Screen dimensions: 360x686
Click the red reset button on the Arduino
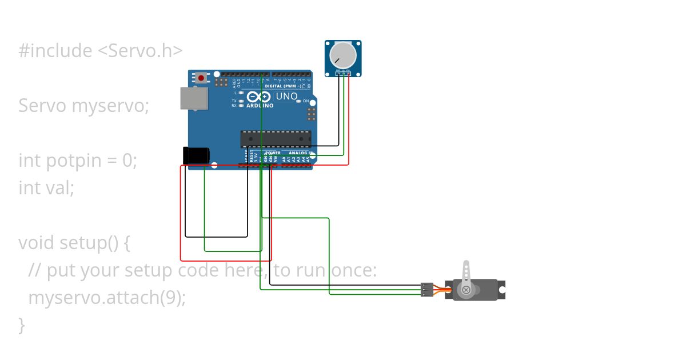click(x=201, y=78)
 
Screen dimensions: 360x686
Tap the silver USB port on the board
click(x=194, y=98)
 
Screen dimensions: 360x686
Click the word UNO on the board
click(x=286, y=97)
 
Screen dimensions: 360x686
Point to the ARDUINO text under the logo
click(x=260, y=106)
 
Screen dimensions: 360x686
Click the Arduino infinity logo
click(x=259, y=97)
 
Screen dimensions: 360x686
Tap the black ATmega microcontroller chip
click(x=276, y=139)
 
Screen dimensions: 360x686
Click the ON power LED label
click(x=306, y=101)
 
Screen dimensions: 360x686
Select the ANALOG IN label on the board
click(x=300, y=153)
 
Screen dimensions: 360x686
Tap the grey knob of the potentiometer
click(x=343, y=55)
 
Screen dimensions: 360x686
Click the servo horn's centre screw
click(x=466, y=290)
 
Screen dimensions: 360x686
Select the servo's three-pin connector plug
click(x=426, y=290)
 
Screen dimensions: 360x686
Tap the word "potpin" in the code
click(x=77, y=161)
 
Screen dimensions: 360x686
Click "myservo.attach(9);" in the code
click(x=107, y=298)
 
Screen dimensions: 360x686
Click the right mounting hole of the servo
click(x=501, y=290)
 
